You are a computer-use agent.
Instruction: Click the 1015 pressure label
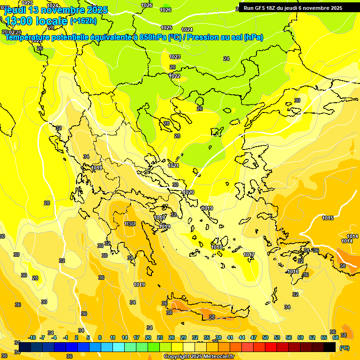pos(328,218)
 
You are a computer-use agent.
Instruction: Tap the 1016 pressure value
pos(293,271)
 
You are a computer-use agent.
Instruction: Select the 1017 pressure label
pos(249,255)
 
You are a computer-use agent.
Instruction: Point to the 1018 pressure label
pos(217,247)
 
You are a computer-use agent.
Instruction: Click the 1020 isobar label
pos(188,192)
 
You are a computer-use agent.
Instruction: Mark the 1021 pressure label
pos(173,165)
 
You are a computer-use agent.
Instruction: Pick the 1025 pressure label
pos(166,28)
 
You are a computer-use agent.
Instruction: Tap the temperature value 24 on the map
pos(226,59)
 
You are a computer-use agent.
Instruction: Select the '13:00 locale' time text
pos(36,21)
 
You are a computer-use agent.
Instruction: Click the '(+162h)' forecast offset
pos(83,21)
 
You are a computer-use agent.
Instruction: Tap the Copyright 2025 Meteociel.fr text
pos(199,357)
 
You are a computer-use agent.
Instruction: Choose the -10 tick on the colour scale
pos(32,337)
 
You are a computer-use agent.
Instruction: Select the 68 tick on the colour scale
pos(336,337)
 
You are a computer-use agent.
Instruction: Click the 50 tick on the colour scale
pos(265,337)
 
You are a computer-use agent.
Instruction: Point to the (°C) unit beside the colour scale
pos(344,347)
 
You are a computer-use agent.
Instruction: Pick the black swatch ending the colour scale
pos(330,347)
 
